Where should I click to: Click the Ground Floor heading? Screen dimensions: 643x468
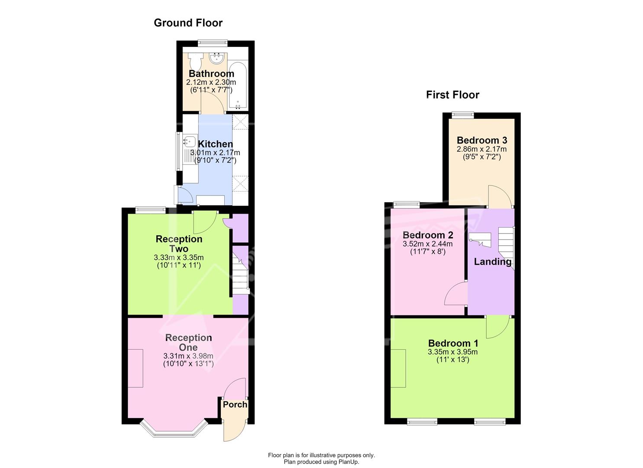coord(188,23)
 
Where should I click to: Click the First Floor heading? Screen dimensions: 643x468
coord(452,95)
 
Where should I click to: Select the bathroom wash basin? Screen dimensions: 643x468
coord(217,58)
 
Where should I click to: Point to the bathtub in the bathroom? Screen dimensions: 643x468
coord(238,85)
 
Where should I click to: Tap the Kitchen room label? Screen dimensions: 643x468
coord(215,144)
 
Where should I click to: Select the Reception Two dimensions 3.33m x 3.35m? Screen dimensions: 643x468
coord(178,258)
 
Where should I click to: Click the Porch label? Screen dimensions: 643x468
coord(235,405)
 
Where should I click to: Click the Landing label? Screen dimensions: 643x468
coord(493,262)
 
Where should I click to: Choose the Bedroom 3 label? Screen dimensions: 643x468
coord(481,140)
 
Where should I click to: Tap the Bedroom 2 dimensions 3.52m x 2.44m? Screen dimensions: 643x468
coord(427,244)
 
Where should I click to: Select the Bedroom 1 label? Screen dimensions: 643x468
coord(453,343)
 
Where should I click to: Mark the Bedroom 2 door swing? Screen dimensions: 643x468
coord(456,293)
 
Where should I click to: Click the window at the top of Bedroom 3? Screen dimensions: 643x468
coord(463,115)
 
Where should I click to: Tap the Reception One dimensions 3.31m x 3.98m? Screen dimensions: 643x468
coord(188,356)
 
